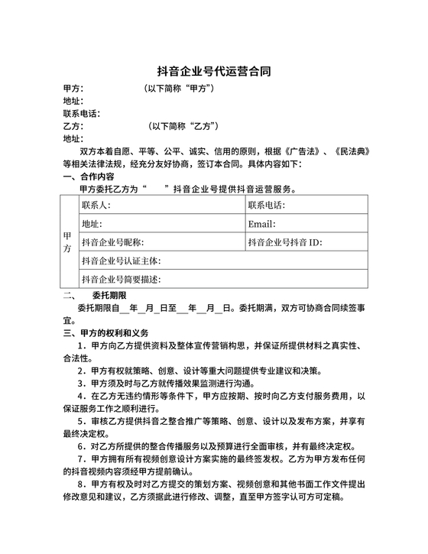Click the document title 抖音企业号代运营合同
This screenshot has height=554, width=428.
tap(213, 72)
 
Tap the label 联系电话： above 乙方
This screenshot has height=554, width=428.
tap(82, 114)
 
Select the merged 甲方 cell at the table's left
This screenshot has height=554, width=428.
tap(67, 243)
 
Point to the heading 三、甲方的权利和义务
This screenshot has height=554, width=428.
tap(105, 333)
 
